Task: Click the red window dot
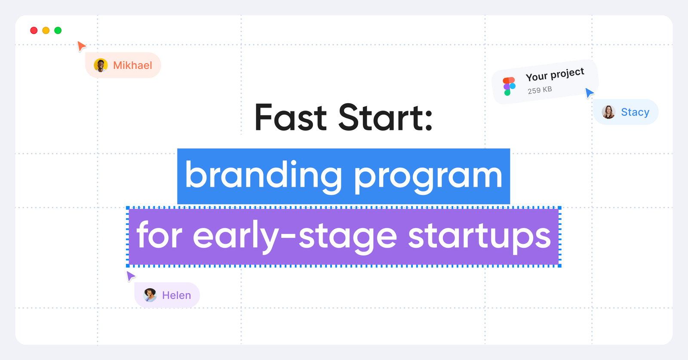(34, 31)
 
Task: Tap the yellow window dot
(46, 31)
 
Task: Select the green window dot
(58, 31)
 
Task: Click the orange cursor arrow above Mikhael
(81, 46)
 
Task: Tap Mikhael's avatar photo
(101, 65)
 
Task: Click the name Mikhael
(133, 65)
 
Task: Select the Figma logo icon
(509, 86)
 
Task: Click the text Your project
(555, 74)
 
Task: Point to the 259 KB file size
(540, 90)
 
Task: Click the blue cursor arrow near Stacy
(590, 93)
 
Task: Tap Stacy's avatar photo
(608, 112)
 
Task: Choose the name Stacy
(635, 112)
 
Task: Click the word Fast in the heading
(290, 118)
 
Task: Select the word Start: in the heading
(385, 118)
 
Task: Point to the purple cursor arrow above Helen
(131, 276)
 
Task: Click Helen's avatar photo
(150, 295)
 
